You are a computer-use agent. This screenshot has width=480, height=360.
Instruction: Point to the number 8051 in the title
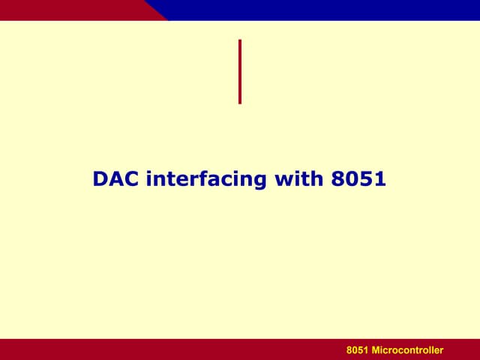358,179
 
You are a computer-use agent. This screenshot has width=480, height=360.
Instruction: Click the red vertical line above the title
240,71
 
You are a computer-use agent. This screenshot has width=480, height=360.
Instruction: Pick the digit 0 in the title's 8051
351,179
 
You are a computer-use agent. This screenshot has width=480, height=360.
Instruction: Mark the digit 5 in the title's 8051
365,179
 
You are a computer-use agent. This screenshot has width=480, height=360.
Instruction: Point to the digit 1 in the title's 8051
379,179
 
